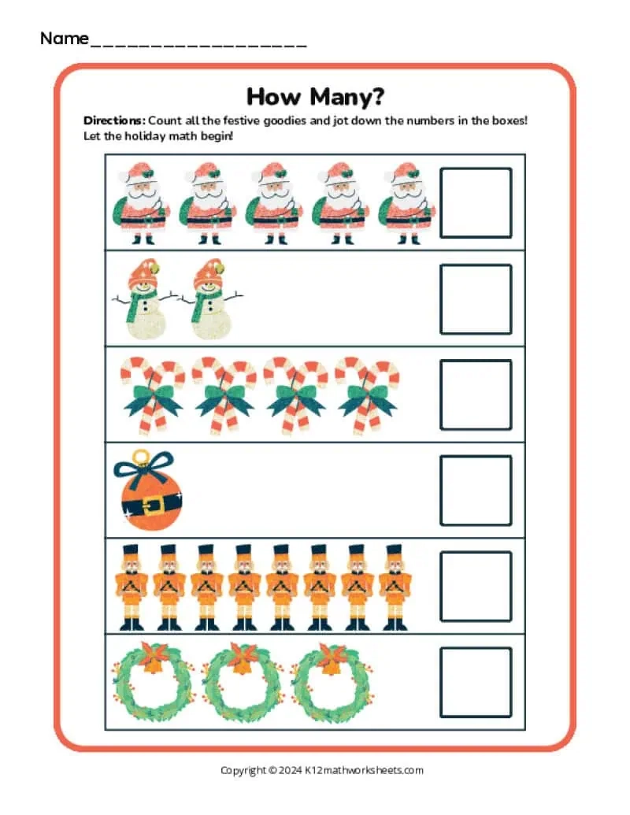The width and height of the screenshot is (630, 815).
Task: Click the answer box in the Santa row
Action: (475, 202)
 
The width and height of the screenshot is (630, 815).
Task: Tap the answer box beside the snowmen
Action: (475, 298)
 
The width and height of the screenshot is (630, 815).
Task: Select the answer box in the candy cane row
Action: (475, 395)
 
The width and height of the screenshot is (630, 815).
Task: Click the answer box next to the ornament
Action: (475, 491)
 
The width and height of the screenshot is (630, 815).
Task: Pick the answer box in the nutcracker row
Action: (475, 587)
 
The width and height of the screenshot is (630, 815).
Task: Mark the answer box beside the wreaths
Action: (475, 682)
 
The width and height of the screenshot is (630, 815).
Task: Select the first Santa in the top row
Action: (144, 202)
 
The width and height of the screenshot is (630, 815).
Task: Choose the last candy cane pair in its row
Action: (367, 395)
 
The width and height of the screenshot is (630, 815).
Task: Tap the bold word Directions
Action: (113, 121)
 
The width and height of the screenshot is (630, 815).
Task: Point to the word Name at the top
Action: (64, 38)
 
